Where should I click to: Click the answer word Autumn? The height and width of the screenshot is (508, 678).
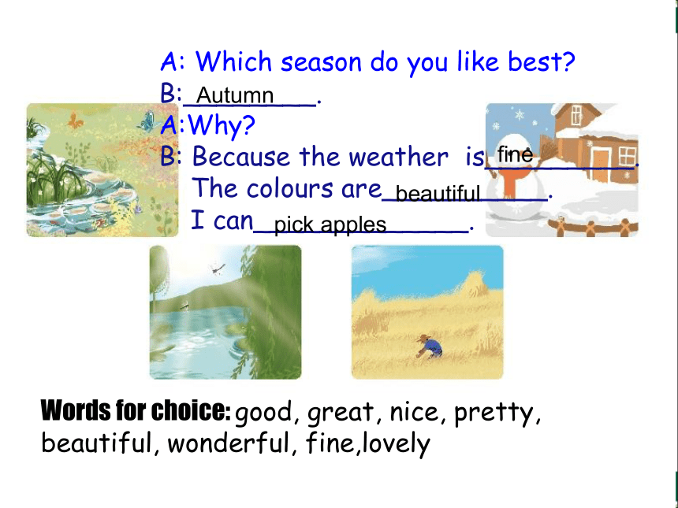pos(235,95)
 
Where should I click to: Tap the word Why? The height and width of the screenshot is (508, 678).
pos(222,126)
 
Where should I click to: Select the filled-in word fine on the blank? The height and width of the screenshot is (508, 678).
pos(515,154)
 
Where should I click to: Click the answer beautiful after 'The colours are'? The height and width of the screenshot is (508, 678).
pos(438,193)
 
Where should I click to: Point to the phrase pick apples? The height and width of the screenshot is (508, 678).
pos(330,224)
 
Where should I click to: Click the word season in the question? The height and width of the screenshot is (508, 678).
pos(321,62)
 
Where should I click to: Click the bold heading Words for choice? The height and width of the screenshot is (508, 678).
pos(136,410)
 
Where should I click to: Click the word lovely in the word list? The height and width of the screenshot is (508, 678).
pos(396,443)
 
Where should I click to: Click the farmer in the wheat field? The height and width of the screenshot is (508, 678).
pos(430,347)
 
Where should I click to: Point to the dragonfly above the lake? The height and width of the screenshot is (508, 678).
pos(218,269)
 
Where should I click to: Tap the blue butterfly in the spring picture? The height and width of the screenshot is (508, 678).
pos(147,121)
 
